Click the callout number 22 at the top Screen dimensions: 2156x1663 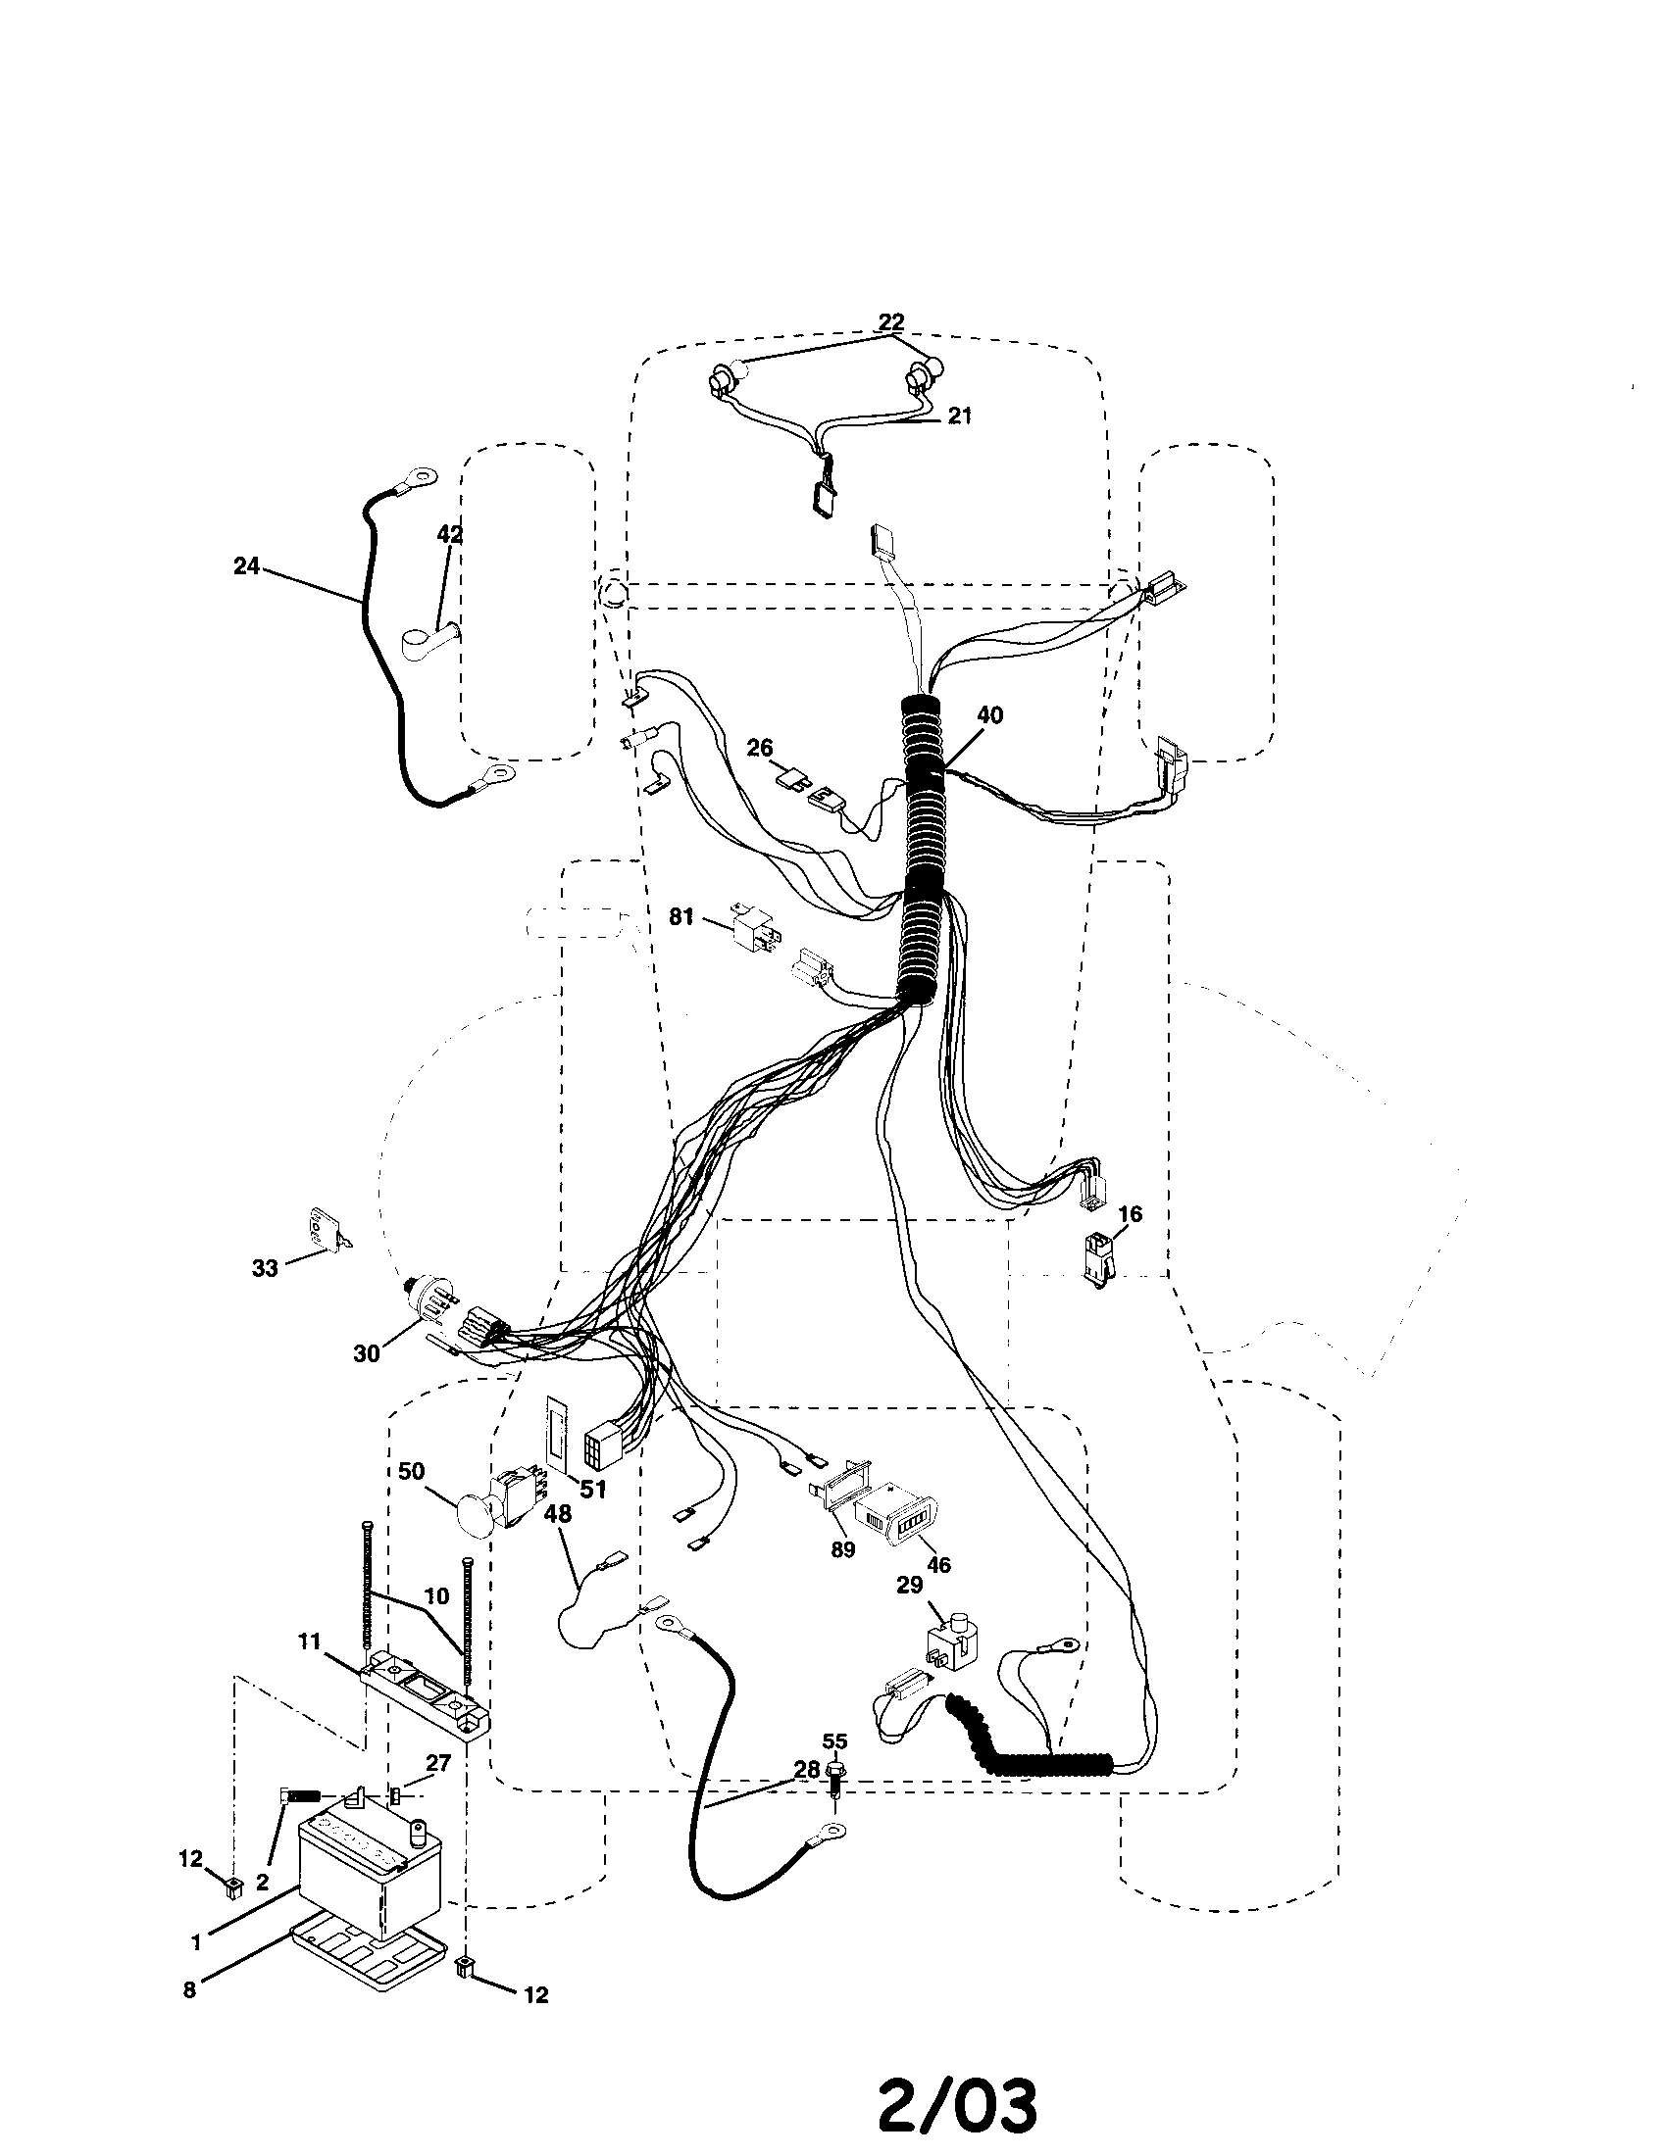pos(891,322)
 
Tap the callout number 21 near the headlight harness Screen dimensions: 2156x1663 pos(959,416)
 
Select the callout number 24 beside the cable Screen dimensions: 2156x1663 pos(247,565)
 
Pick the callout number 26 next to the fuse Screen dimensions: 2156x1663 pos(759,748)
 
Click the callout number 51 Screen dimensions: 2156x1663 pos(592,1489)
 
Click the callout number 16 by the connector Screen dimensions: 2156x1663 pos(1130,1213)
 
